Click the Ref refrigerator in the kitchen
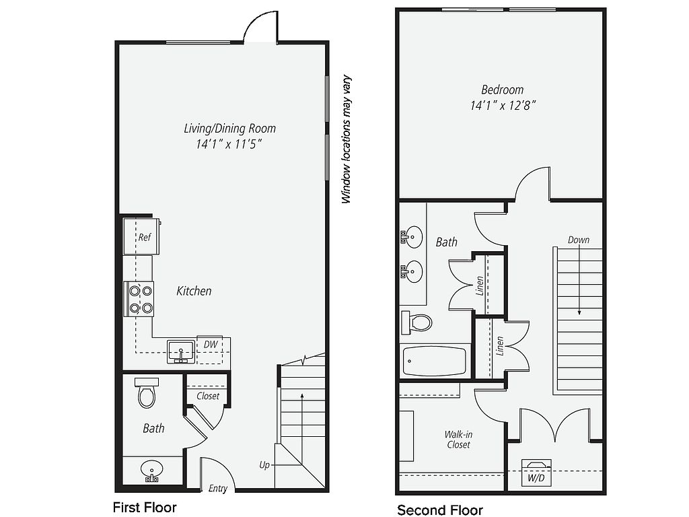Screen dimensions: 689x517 [141, 236]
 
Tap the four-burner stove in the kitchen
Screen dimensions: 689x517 [139, 298]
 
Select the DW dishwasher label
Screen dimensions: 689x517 [211, 344]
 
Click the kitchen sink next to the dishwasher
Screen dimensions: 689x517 [181, 351]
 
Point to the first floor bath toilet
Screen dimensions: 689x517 [146, 392]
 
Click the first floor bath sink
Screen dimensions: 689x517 [151, 471]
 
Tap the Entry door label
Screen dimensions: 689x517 [218, 489]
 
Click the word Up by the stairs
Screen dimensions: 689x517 [264, 465]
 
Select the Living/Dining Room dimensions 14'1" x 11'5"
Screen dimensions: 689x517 [229, 144]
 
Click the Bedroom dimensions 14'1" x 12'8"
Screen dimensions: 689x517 [503, 106]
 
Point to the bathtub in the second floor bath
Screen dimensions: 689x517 [434, 361]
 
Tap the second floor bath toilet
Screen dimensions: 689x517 [416, 322]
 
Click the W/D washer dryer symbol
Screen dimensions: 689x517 [536, 473]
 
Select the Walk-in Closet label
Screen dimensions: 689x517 [458, 440]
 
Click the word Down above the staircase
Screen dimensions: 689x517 [578, 240]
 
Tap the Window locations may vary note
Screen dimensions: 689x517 [347, 140]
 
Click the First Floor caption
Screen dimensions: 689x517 [145, 507]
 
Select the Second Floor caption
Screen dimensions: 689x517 [440, 510]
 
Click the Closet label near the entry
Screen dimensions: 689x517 [208, 396]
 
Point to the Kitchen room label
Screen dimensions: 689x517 [194, 291]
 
